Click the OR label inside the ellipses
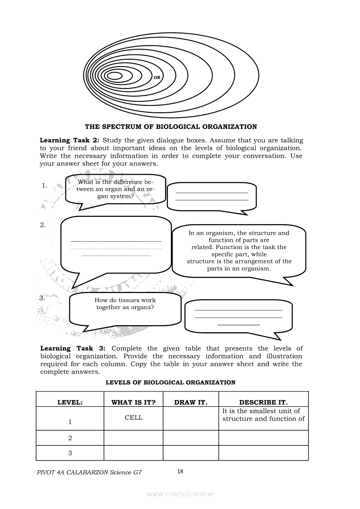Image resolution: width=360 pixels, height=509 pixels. click(157, 77)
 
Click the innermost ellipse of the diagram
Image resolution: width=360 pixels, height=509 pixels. click(115, 76)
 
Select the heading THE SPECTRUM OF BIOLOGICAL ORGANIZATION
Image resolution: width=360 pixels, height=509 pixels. click(171, 127)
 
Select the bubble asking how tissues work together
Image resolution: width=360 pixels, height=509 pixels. click(125, 307)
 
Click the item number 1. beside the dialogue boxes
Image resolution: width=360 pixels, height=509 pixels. click(44, 185)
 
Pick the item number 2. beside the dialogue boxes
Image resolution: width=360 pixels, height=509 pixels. click(43, 225)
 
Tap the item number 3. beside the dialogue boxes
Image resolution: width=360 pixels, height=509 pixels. click(43, 298)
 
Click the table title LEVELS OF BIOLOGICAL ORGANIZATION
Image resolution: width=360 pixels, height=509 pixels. click(171, 382)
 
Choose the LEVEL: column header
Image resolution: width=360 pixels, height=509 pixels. click(70, 402)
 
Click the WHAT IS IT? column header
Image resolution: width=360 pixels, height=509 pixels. click(133, 402)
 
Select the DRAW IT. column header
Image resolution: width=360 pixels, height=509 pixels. click(190, 402)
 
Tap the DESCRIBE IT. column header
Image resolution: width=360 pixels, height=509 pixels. click(263, 402)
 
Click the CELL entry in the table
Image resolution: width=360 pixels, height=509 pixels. click(133, 417)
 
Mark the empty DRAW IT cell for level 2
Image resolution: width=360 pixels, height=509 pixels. click(190, 438)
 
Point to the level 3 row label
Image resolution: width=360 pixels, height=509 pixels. click(70, 453)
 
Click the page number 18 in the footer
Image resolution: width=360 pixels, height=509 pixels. click(180, 471)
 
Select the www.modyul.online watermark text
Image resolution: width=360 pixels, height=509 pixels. click(180, 494)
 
